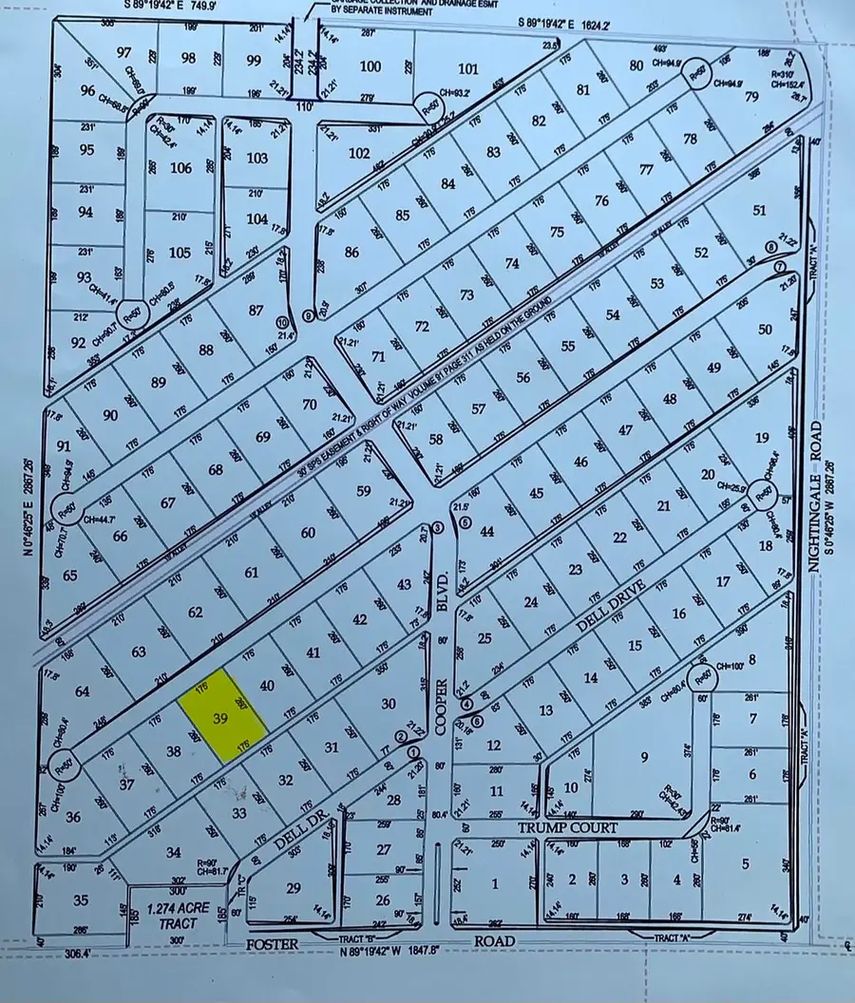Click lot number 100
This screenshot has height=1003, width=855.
(x=370, y=66)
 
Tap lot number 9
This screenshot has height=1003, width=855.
(x=643, y=756)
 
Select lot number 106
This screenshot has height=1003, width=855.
(x=180, y=168)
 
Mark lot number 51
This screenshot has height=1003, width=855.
(x=758, y=210)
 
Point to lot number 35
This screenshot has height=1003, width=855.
(x=81, y=899)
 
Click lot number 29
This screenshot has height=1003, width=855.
(x=294, y=887)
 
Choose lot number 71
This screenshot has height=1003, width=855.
(x=377, y=357)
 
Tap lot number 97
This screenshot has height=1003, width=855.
(x=123, y=51)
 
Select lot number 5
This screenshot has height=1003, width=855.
(x=745, y=863)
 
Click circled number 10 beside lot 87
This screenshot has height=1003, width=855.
(x=280, y=320)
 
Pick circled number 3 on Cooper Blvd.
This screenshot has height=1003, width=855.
(x=438, y=527)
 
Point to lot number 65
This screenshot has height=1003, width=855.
(x=69, y=576)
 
